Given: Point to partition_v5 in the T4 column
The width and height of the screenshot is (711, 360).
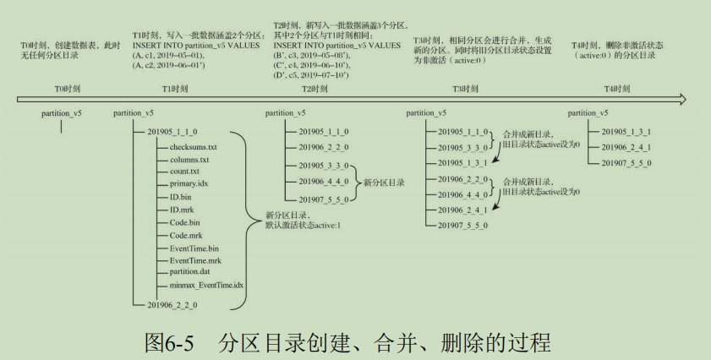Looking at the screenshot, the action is [x=588, y=112].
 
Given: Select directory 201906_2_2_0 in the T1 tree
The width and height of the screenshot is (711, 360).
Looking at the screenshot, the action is [x=172, y=303].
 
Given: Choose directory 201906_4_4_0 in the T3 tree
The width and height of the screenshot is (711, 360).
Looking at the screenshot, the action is [x=463, y=194].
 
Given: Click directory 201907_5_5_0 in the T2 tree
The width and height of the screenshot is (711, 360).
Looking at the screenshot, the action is [x=324, y=199].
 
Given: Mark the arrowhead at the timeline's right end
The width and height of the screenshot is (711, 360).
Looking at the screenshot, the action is [x=686, y=100].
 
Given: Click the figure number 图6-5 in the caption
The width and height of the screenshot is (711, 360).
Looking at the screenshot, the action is [x=169, y=342].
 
